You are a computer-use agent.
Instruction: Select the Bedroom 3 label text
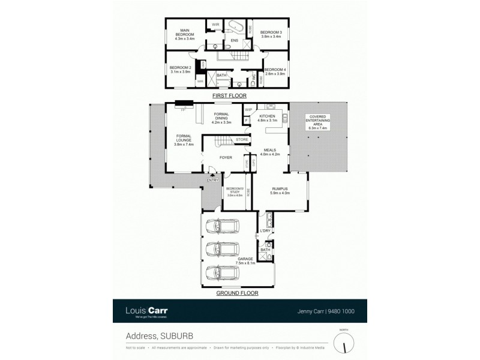[268, 34]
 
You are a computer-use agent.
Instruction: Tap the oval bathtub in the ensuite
[233, 27]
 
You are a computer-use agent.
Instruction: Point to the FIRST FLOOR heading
[229, 96]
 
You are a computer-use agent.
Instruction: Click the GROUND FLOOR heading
[238, 293]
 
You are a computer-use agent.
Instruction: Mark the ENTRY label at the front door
[212, 180]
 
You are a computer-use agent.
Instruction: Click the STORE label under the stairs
[242, 140]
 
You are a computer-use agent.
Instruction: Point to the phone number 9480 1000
[340, 311]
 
